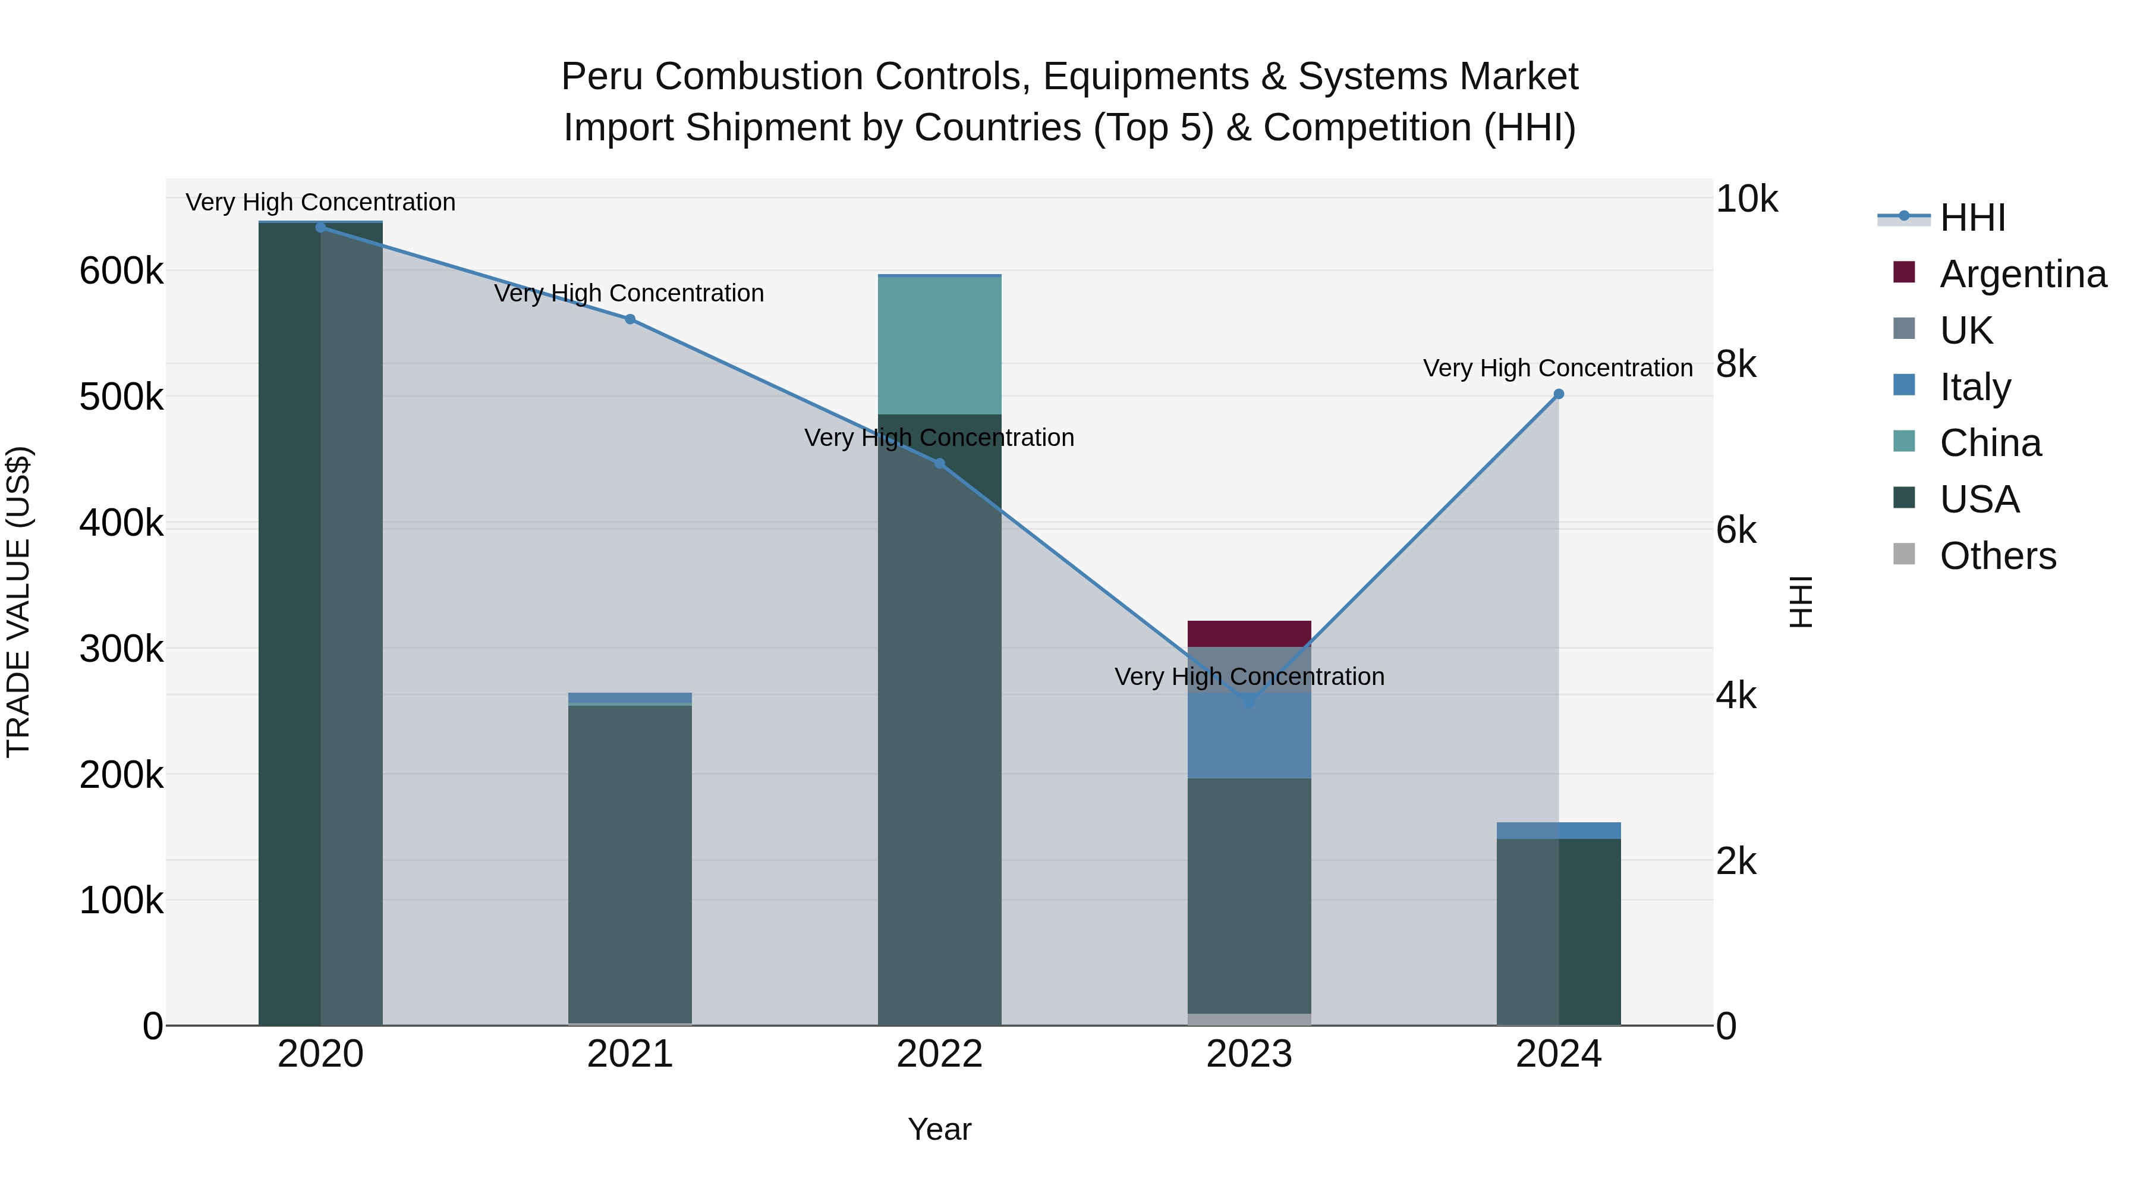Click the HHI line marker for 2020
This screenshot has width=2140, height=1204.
click(x=320, y=227)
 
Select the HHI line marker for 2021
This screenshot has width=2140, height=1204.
click(x=630, y=319)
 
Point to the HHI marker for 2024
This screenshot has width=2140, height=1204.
click(x=1559, y=394)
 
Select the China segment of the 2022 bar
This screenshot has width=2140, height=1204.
click(x=940, y=345)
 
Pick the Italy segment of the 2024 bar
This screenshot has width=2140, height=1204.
click(x=1559, y=830)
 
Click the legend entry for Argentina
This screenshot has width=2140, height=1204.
click(x=2022, y=274)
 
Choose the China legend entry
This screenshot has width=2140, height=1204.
click(x=1990, y=443)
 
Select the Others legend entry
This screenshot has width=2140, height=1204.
click(x=1997, y=556)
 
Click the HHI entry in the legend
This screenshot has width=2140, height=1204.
click(x=1972, y=218)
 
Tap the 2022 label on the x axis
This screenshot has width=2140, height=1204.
click(x=940, y=1054)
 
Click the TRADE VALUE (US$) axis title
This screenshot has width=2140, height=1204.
click(x=18, y=602)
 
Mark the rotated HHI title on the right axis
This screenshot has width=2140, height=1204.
click(x=1800, y=602)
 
